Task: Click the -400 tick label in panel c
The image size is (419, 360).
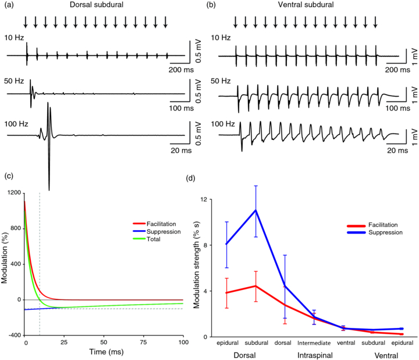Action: pos(13,336)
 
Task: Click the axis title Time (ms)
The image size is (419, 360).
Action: pos(104,351)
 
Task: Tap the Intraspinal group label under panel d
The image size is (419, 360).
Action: pos(315,355)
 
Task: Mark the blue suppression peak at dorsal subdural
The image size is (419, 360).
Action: pos(255,210)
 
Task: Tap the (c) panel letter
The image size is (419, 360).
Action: pos(6,175)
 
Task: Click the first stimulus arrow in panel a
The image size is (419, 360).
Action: pos(26,23)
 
